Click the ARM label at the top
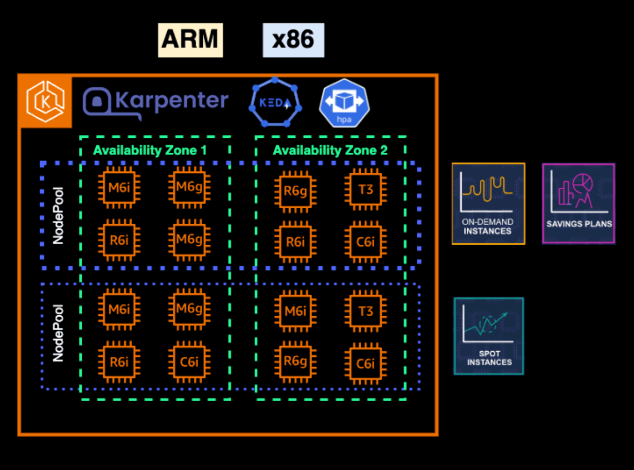(190, 40)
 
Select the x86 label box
(293, 40)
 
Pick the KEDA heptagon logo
(275, 102)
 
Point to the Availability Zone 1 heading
(150, 151)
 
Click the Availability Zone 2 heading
(330, 151)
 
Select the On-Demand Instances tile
(488, 203)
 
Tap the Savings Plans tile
(578, 203)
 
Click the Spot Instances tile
(488, 336)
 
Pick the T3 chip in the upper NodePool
(365, 189)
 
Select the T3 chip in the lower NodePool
(365, 311)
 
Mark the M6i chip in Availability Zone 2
(295, 311)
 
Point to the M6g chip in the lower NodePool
(189, 309)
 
